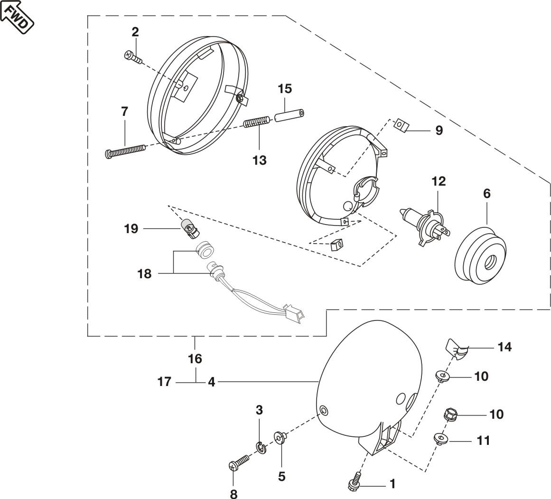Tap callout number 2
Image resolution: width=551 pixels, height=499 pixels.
[x=135, y=32]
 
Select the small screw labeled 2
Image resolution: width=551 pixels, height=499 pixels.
[x=133, y=57]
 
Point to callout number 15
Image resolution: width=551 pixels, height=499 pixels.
[x=285, y=89]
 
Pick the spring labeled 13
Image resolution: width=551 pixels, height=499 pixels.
[x=257, y=122]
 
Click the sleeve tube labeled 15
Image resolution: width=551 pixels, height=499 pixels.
[x=289, y=115]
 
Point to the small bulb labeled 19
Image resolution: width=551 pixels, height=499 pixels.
[x=190, y=228]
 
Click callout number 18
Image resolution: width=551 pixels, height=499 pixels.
[x=144, y=273]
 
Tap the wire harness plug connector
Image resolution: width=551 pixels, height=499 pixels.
[x=294, y=314]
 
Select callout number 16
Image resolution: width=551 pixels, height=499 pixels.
[x=195, y=358]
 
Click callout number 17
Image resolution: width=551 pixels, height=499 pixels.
[x=164, y=382]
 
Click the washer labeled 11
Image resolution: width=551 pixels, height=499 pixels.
[x=440, y=439]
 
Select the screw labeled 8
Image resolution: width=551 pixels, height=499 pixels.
[x=239, y=461]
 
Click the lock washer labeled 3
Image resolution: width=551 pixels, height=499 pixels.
[x=261, y=447]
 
